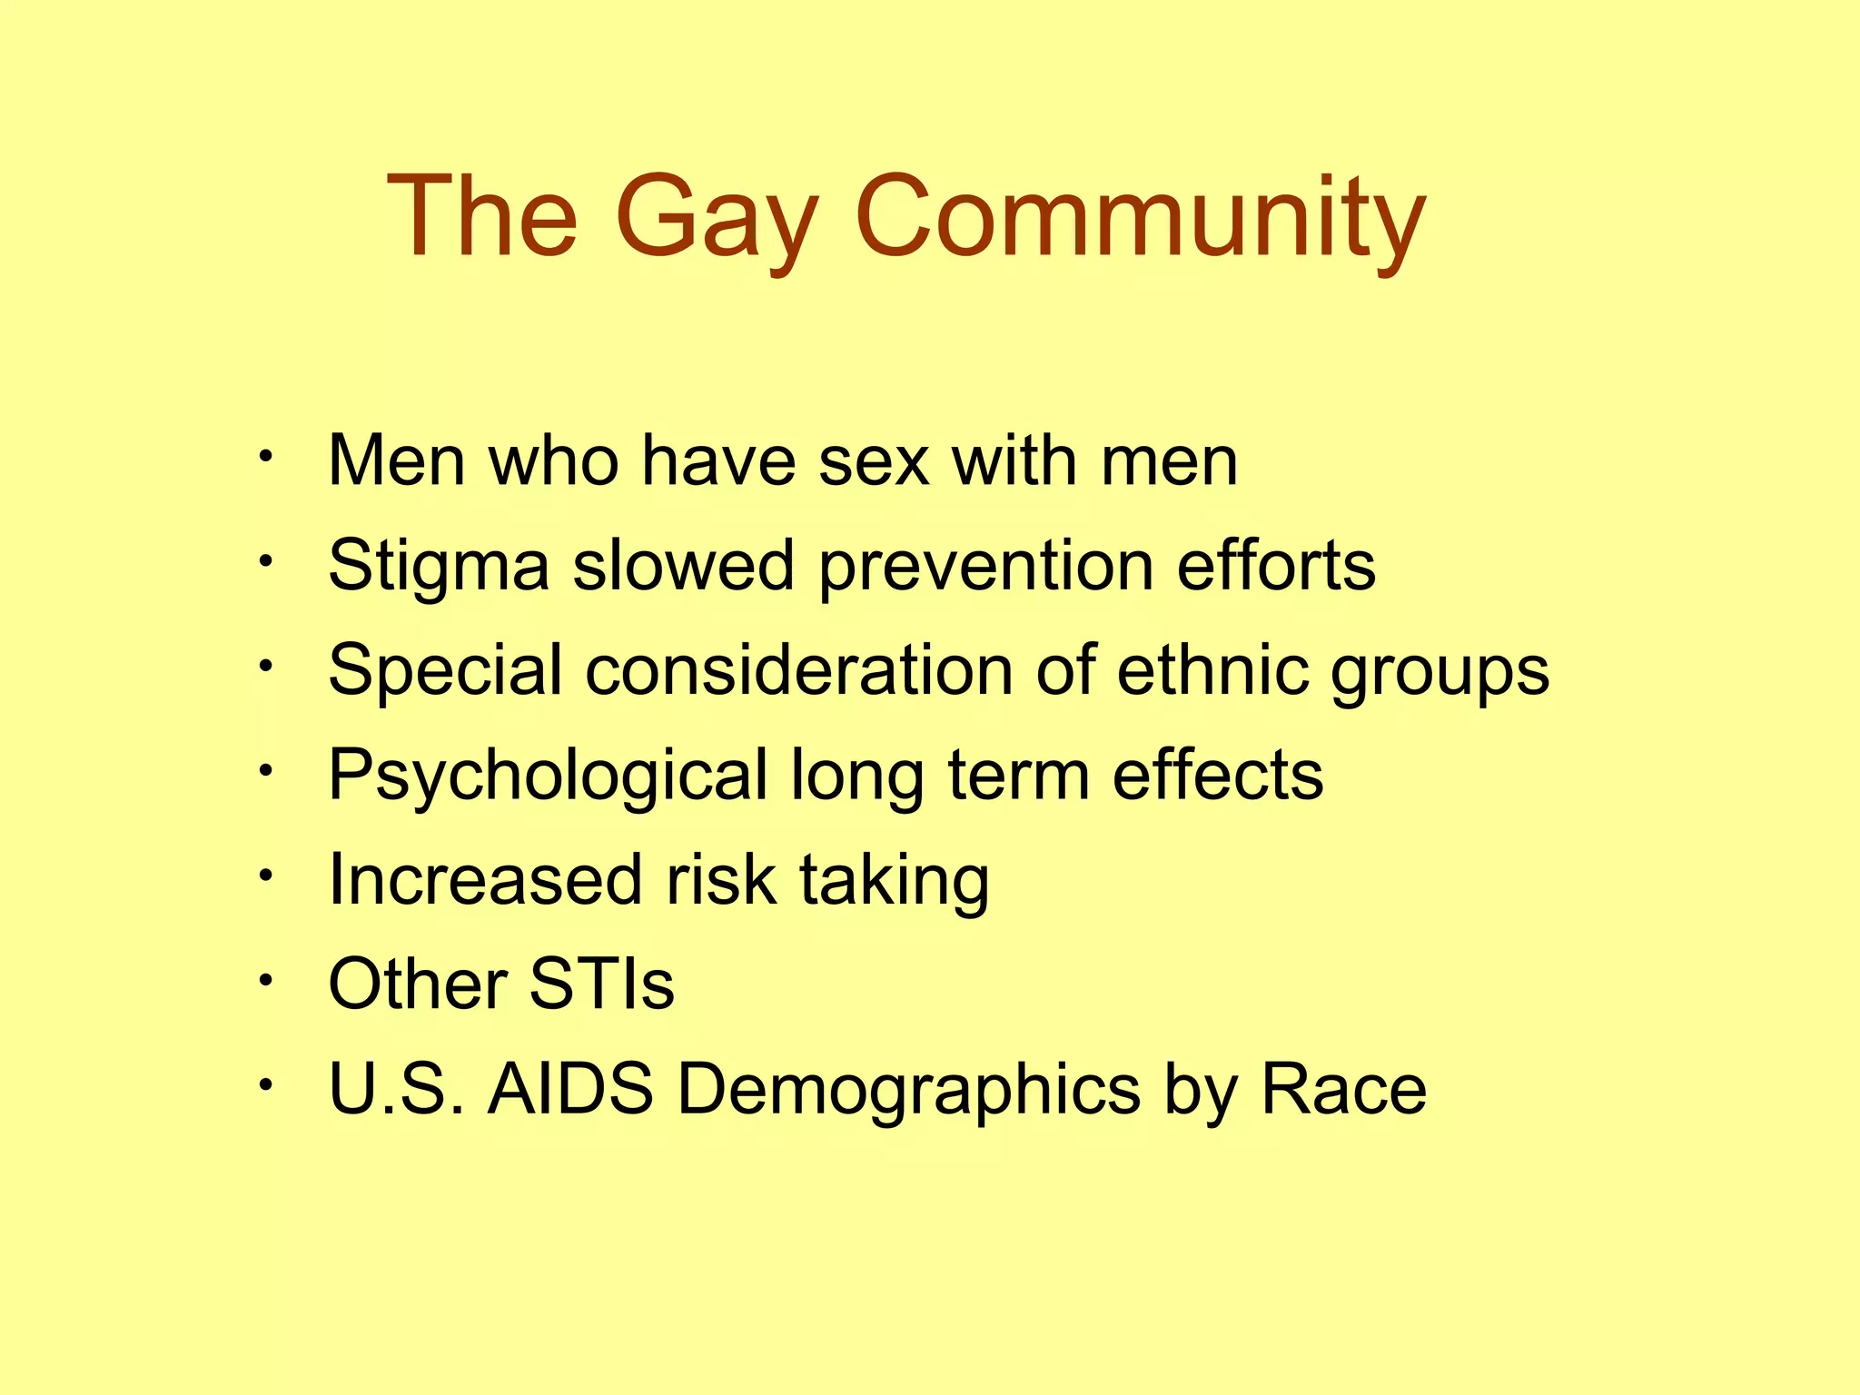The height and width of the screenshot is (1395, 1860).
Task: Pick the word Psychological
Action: pyautogui.click(x=548, y=776)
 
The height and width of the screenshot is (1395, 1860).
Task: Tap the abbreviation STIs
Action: pyautogui.click(x=601, y=984)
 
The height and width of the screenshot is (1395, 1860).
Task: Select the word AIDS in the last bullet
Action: pyautogui.click(x=570, y=1088)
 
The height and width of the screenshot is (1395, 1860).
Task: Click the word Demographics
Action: pyautogui.click(x=908, y=1088)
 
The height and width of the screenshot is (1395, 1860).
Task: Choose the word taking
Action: pyautogui.click(x=894, y=879)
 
